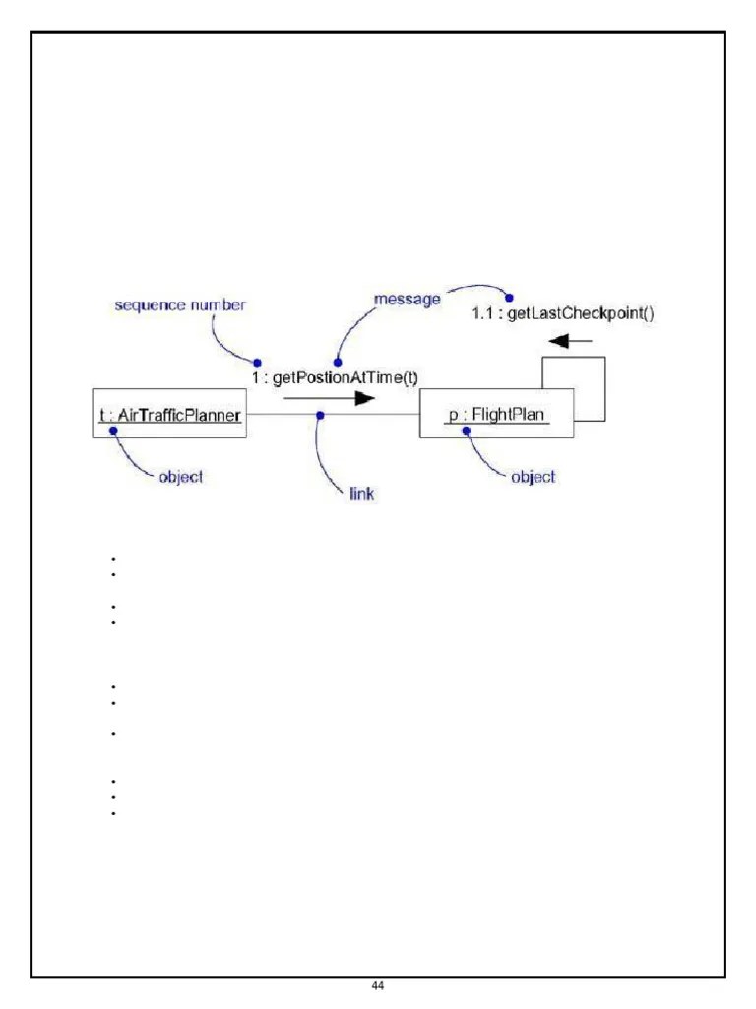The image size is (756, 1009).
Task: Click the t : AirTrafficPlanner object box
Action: pos(168,415)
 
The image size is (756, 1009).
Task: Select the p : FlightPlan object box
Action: pos(496,415)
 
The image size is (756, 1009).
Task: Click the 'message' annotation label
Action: pos(408,299)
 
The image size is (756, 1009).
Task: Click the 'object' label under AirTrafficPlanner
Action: pos(180,477)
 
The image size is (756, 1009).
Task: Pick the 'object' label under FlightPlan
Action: pos(533,477)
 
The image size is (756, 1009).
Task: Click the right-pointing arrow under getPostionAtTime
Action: pos(330,398)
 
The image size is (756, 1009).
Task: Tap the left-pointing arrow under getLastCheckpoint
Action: pos(571,342)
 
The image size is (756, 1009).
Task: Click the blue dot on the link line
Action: pos(320,415)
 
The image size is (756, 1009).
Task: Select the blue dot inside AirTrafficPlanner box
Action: pos(112,431)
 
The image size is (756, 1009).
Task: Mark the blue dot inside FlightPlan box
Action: pos(454,431)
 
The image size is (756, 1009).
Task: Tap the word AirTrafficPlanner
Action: pos(179,415)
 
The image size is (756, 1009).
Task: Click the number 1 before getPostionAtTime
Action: pos(254,377)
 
